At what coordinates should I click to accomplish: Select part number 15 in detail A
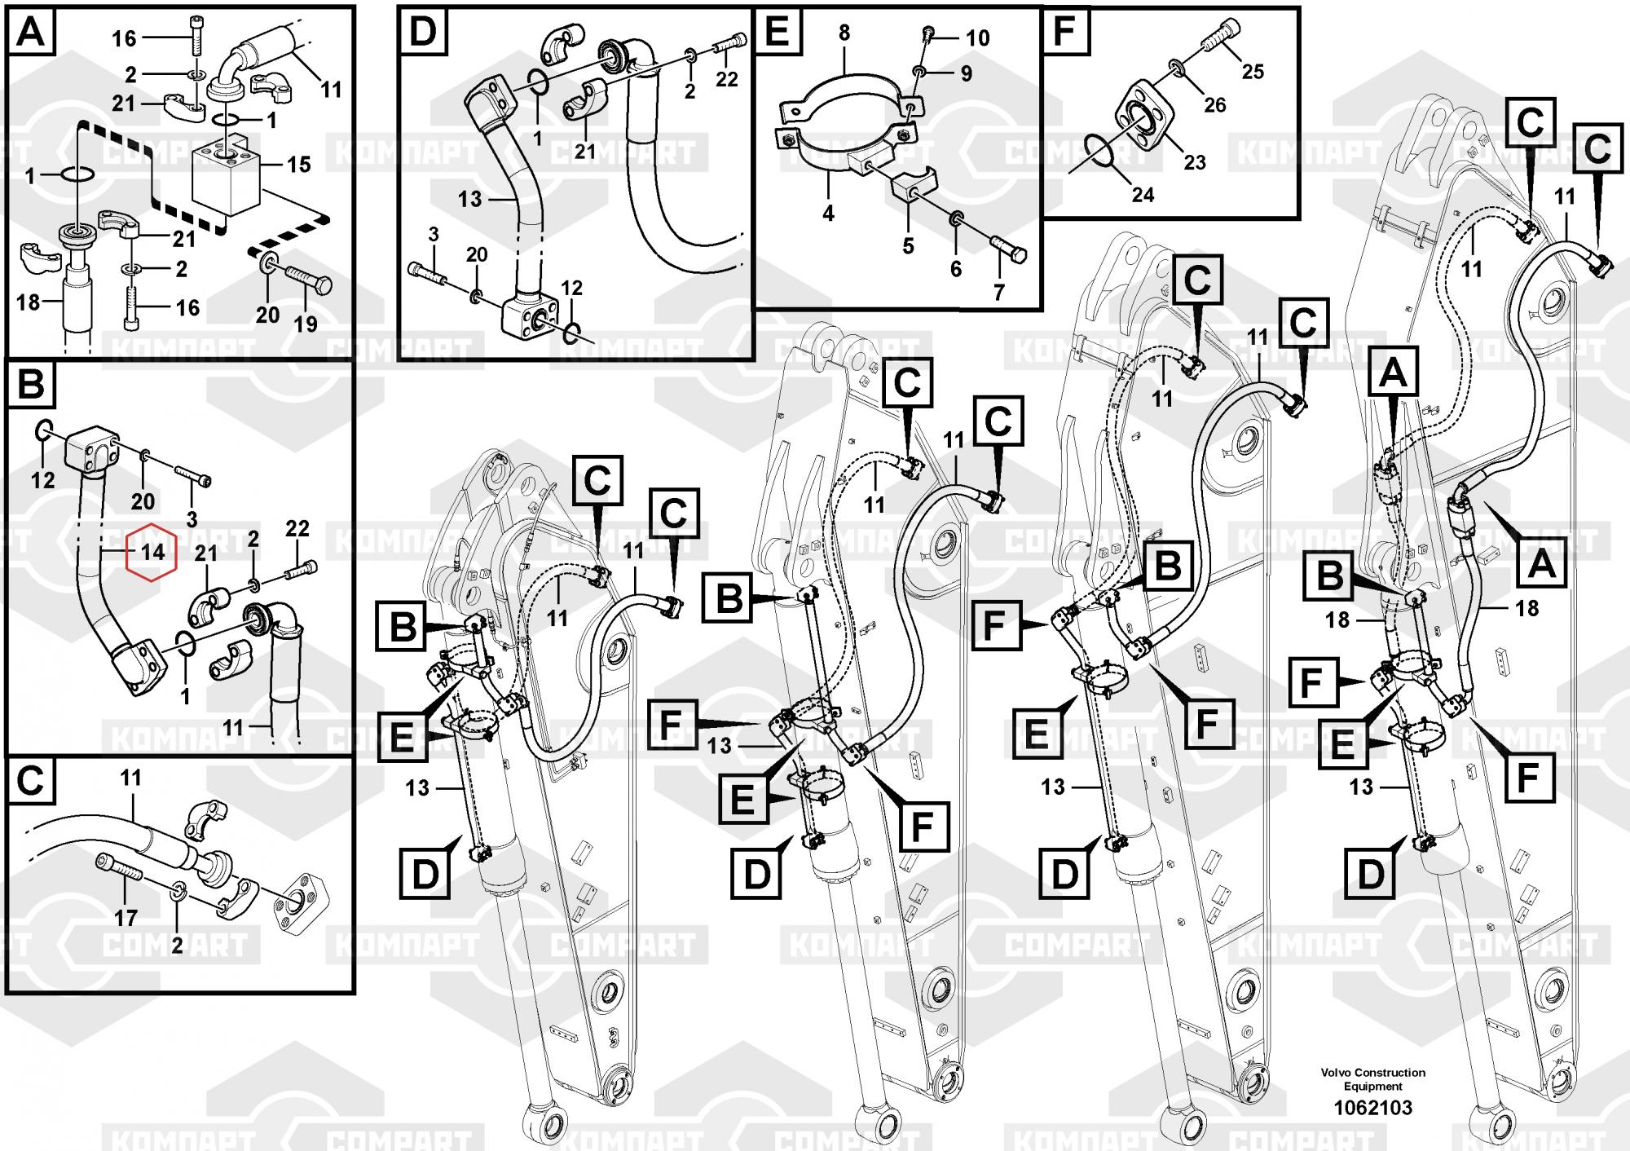[298, 164]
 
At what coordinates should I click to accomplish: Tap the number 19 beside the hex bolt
[306, 324]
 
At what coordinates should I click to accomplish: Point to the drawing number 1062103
[1372, 1108]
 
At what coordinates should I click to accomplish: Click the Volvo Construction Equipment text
[1373, 1079]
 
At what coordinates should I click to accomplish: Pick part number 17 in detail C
[126, 918]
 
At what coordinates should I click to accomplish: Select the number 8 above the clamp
[844, 33]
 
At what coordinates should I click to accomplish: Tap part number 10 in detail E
[977, 37]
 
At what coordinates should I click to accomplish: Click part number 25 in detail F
[1253, 72]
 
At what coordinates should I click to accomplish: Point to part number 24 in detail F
[1143, 195]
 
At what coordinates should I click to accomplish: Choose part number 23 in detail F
[1195, 162]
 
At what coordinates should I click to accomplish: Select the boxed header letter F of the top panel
[1065, 32]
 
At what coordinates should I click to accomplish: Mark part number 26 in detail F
[1214, 104]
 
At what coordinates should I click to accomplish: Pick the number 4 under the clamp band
[828, 214]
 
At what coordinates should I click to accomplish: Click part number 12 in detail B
[42, 479]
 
